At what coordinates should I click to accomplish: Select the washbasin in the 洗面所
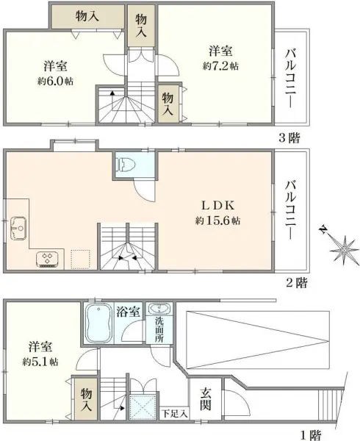click(x=158, y=309)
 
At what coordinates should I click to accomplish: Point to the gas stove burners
click(x=48, y=258)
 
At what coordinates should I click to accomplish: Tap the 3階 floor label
click(x=289, y=138)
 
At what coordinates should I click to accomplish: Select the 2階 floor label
click(x=297, y=282)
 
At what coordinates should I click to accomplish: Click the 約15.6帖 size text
click(x=217, y=220)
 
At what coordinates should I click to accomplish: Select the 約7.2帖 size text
click(x=221, y=66)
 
